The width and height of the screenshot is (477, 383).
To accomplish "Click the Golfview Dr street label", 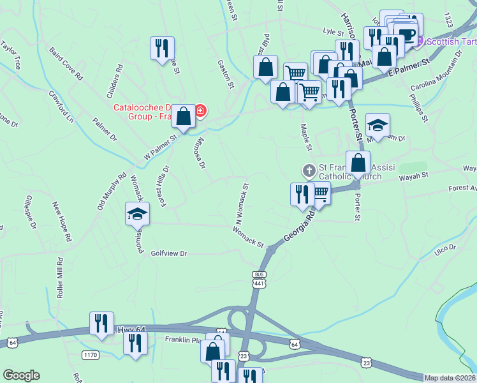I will (169, 253).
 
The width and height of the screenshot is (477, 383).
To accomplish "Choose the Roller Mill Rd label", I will (61, 278).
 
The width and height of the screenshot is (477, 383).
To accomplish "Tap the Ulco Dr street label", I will (444, 248).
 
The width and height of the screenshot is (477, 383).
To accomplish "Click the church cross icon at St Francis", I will (309, 170).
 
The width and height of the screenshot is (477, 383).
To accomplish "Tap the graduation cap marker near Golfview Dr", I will (137, 214).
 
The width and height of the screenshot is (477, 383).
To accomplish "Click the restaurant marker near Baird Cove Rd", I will (162, 48).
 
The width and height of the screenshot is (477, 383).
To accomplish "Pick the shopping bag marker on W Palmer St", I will (184, 117).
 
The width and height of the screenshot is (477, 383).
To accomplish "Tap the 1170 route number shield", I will (90, 354).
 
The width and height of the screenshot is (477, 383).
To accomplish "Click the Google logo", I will (21, 375).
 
